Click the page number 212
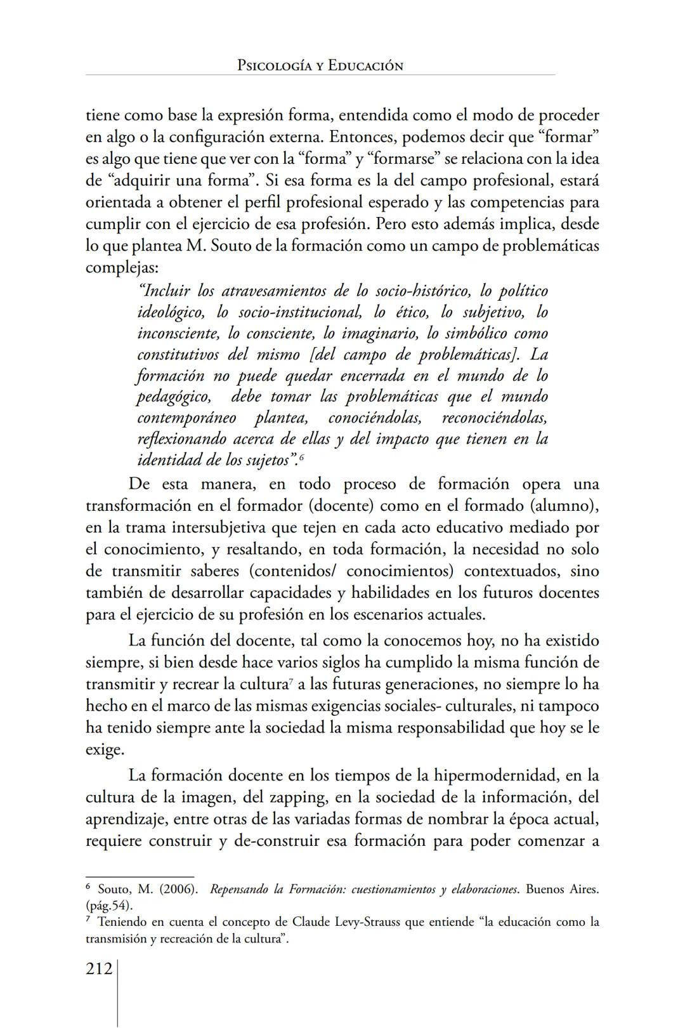(x=99, y=969)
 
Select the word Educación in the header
(x=366, y=66)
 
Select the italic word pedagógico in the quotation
(x=174, y=397)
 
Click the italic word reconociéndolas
(x=495, y=418)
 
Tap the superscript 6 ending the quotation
(x=302, y=458)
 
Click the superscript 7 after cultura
(x=289, y=682)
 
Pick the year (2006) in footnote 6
(x=175, y=890)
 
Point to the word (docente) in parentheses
(x=340, y=506)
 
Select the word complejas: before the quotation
(x=122, y=267)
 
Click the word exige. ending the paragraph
(x=105, y=750)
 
